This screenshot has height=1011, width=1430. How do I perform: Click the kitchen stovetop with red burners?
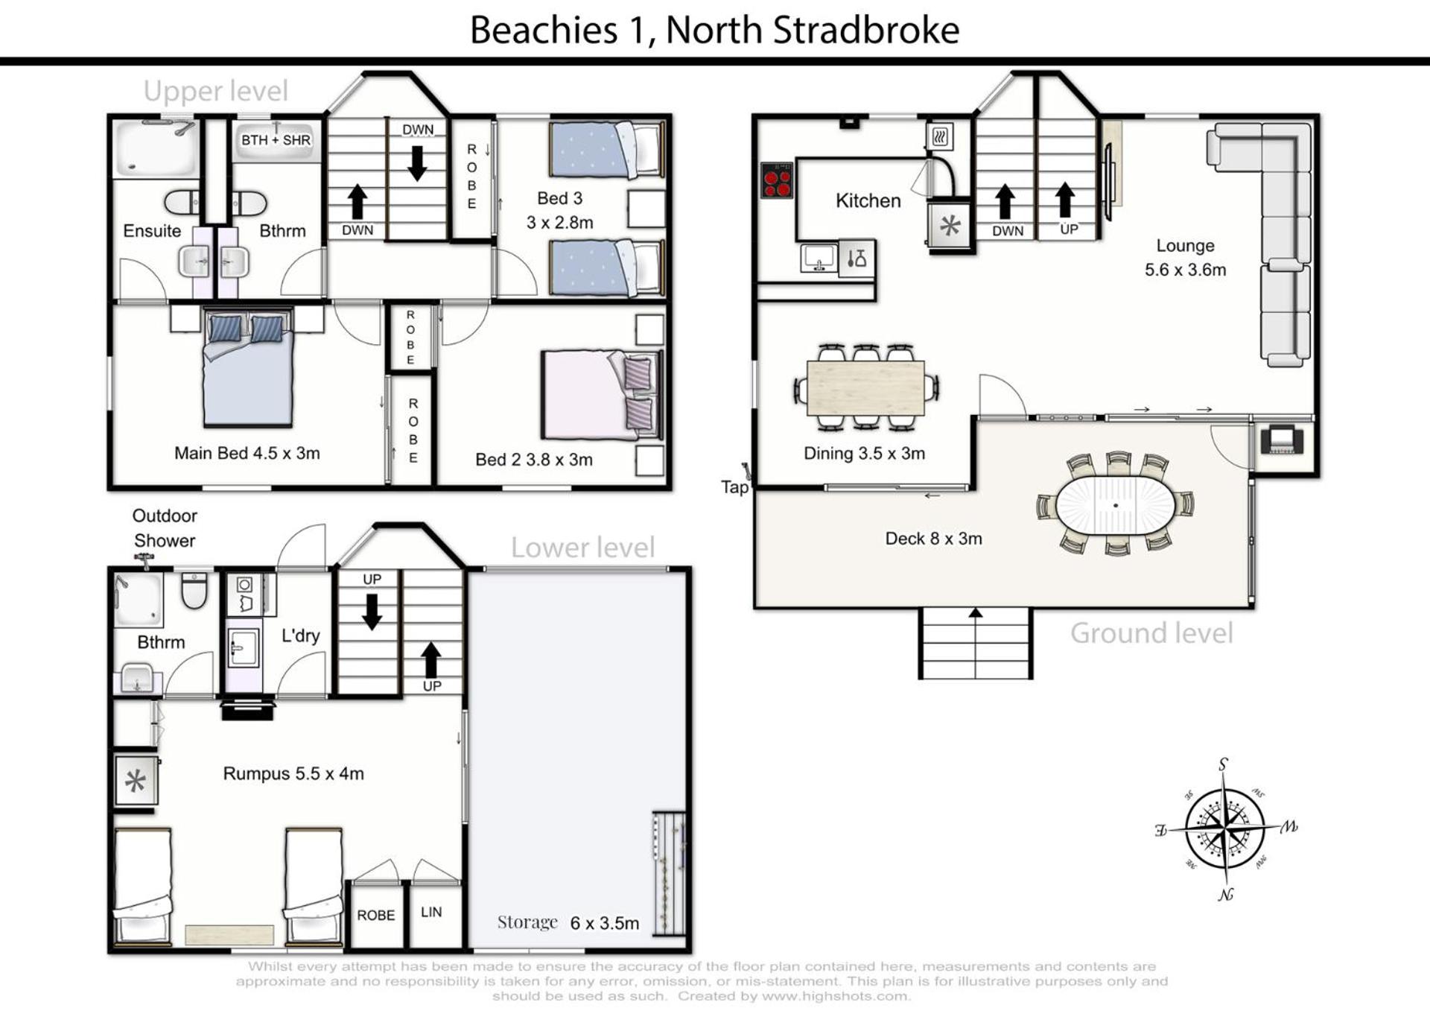777,180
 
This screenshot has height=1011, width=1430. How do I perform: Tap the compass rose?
1224,828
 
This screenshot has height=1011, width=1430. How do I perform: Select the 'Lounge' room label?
1185,246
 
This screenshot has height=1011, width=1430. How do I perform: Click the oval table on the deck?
1115,505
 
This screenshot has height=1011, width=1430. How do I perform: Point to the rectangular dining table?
865,388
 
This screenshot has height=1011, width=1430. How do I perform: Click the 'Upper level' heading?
215,92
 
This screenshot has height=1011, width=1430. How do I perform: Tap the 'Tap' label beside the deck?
734,487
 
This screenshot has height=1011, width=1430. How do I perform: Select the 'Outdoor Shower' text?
165,528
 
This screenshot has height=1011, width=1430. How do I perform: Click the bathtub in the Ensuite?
156,149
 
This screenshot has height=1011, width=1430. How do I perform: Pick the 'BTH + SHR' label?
276,140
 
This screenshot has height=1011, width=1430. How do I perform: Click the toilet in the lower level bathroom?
194,589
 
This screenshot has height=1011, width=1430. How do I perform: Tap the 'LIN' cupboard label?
431,912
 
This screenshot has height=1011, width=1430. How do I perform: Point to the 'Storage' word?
527,922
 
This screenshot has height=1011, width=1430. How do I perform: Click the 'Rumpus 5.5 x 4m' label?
293,774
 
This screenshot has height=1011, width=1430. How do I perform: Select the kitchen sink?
819,259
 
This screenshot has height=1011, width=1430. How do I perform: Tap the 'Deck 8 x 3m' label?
933,539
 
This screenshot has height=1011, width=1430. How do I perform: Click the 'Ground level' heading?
1151,633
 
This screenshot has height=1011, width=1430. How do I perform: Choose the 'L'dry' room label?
300,636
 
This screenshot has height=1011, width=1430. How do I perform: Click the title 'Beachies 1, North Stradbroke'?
714,31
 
